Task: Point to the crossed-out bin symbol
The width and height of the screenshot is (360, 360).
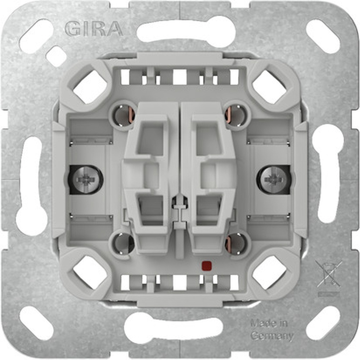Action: point(328,274)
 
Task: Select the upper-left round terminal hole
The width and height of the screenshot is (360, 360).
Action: point(123,114)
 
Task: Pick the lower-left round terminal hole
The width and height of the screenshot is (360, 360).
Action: point(123,243)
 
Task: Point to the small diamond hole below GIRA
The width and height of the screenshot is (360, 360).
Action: point(56,56)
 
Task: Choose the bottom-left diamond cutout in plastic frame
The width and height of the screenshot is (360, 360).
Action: point(90,273)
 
